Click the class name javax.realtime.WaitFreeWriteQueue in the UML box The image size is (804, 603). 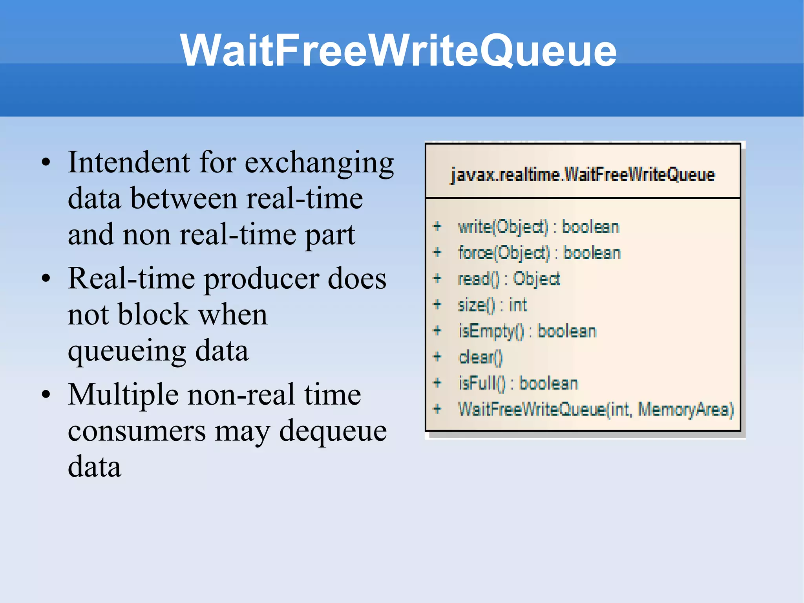(x=583, y=175)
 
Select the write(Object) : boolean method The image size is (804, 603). (x=538, y=227)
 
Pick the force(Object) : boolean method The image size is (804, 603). (x=539, y=253)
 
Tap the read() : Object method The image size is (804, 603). (x=509, y=279)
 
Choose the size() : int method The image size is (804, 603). (x=492, y=305)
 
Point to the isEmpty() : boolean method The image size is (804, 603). (x=527, y=331)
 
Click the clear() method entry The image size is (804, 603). (x=480, y=357)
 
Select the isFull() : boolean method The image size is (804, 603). (x=518, y=383)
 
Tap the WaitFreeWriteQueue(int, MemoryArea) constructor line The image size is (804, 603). (x=596, y=409)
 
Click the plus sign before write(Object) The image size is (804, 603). (x=437, y=227)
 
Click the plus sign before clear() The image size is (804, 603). (x=437, y=357)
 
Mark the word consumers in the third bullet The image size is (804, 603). (x=137, y=431)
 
